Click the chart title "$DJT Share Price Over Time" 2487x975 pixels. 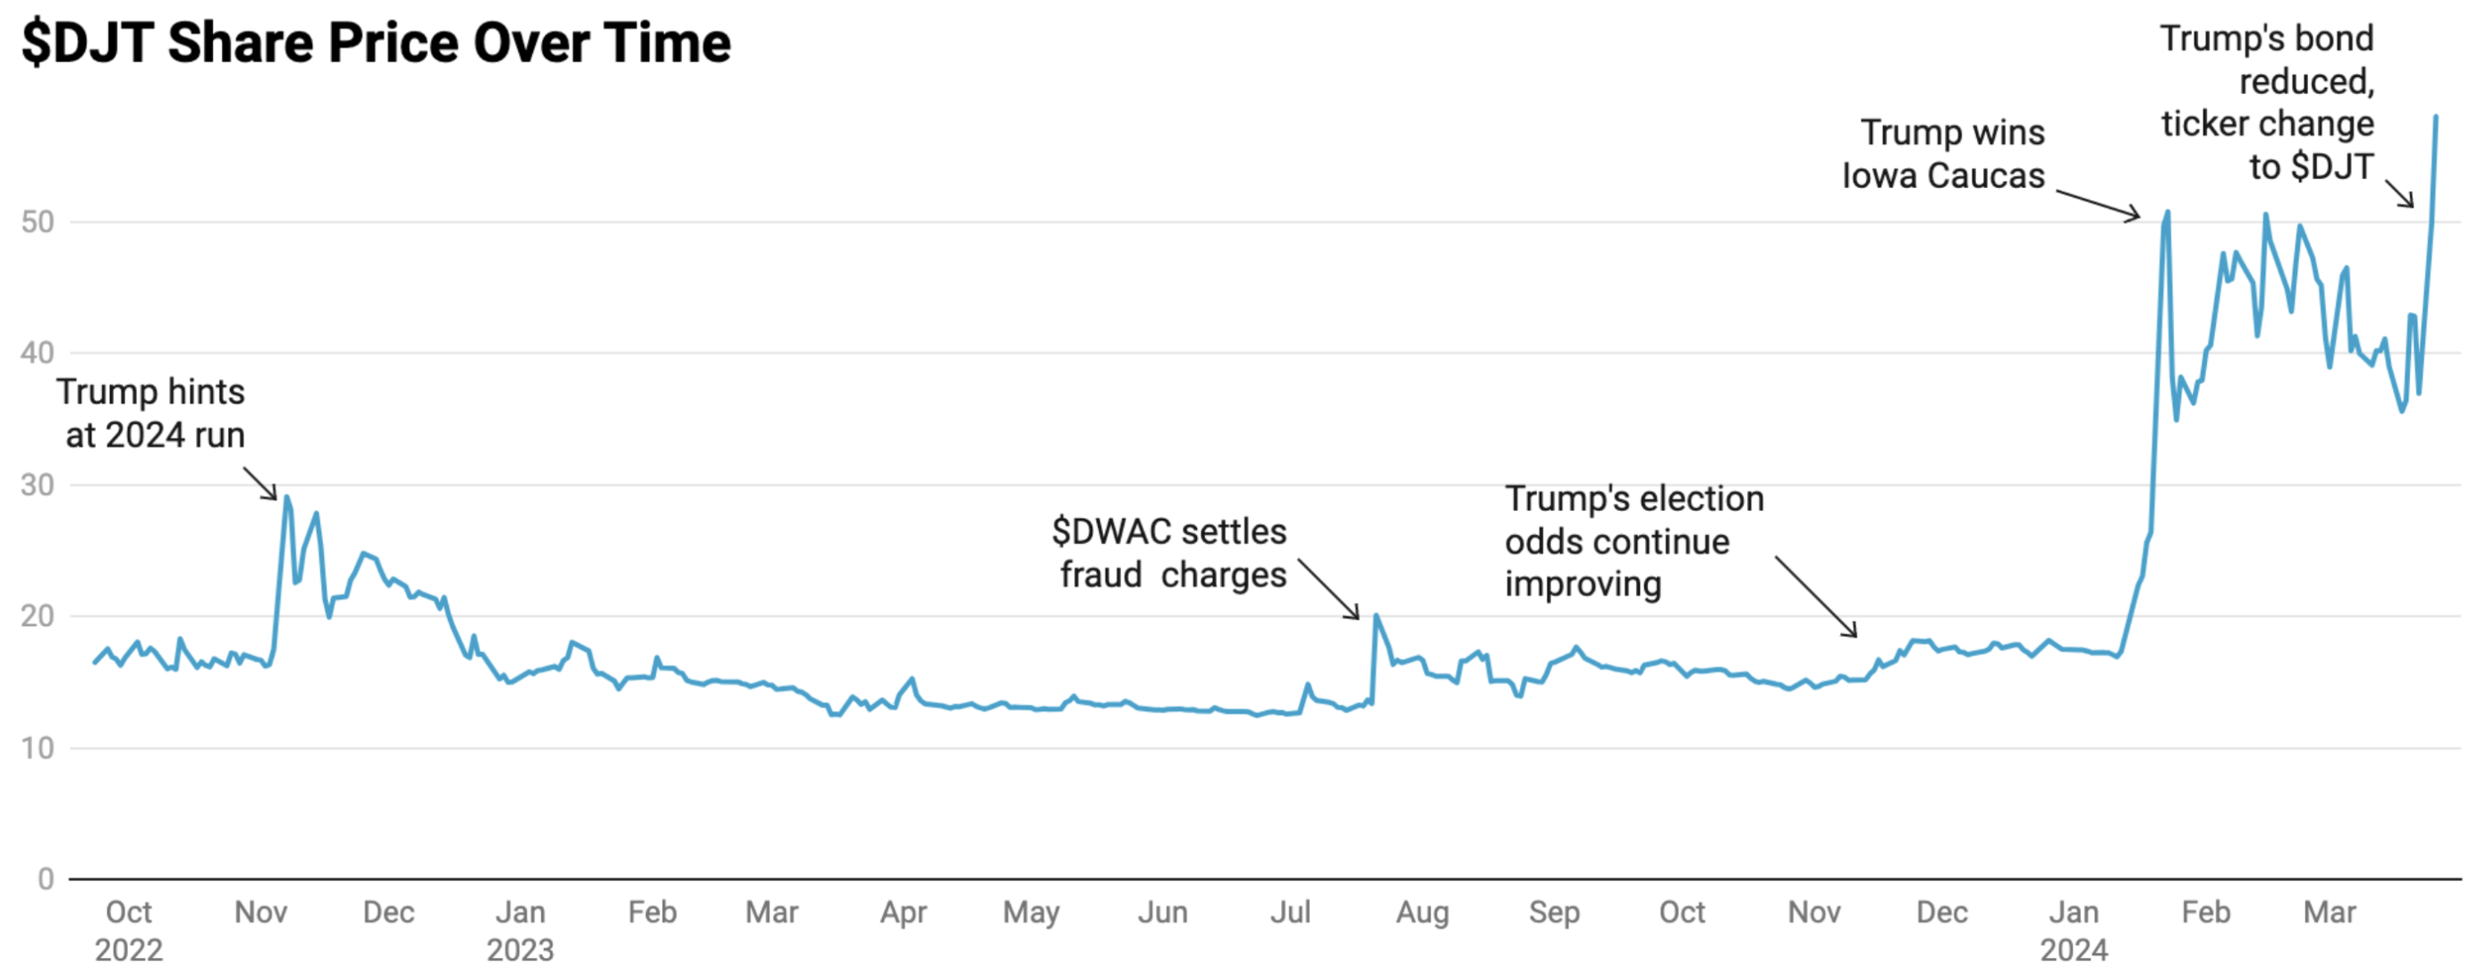coord(377,44)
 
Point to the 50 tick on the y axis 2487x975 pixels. coord(38,222)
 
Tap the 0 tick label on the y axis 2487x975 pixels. coord(46,878)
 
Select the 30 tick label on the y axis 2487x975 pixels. coord(38,485)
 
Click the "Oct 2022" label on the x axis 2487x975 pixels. coord(129,930)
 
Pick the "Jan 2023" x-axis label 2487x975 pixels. coord(521,930)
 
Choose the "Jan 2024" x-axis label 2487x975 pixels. coord(2074,930)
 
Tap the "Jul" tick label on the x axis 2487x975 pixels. coord(1290,912)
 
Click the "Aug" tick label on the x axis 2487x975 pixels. coord(1422,912)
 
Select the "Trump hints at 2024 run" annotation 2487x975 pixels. coord(151,413)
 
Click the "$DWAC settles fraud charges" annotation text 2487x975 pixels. coord(1170,553)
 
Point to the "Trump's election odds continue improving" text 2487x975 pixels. coord(1634,541)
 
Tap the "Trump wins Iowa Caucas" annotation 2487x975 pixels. coord(1944,155)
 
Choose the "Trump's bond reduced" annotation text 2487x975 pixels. coord(2267,102)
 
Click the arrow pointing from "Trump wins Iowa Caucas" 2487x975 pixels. coord(2097,204)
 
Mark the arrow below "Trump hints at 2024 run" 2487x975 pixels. coord(259,484)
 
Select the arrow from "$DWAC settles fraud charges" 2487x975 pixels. coord(1328,589)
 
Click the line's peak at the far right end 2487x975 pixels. coord(2436,117)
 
